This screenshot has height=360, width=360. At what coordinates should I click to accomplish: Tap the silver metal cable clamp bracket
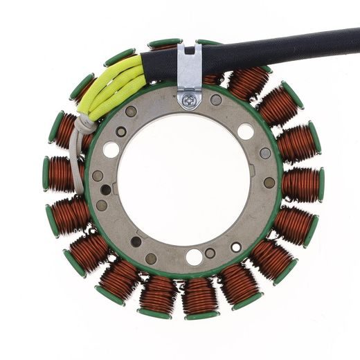click(x=188, y=69)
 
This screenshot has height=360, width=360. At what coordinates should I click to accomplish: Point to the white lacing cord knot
click(x=84, y=125)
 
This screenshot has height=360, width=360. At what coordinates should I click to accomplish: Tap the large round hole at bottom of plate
click(x=195, y=257)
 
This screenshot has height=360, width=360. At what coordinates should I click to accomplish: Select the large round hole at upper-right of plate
click(x=245, y=131)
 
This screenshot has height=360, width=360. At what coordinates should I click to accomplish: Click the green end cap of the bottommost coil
click(x=201, y=316)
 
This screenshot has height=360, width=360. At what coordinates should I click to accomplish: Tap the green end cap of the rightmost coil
click(x=321, y=185)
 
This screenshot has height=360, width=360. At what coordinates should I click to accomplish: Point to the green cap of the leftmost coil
click(x=46, y=173)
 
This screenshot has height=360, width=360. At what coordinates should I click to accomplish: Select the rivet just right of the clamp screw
click(x=216, y=100)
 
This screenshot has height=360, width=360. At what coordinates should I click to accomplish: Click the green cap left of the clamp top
click(x=163, y=43)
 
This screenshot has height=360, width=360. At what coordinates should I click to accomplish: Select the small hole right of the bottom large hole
click(x=210, y=253)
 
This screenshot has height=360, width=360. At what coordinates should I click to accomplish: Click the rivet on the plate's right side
click(x=269, y=183)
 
